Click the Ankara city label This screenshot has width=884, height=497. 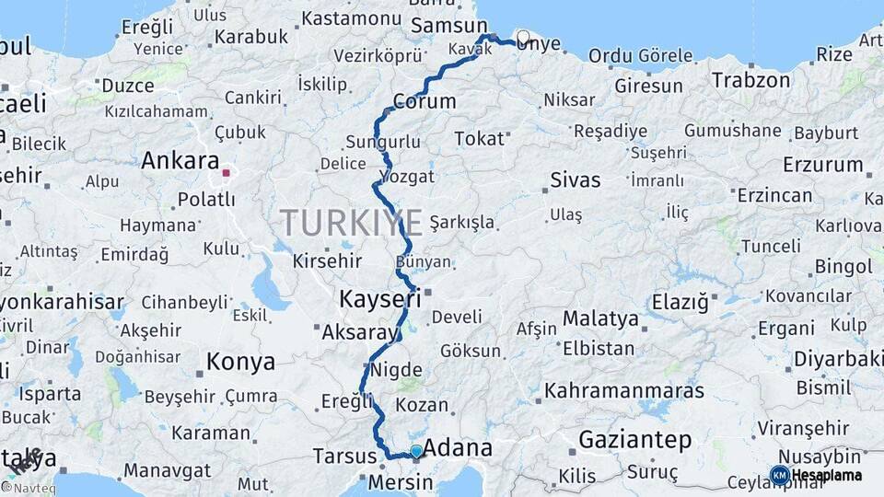[x=180, y=161]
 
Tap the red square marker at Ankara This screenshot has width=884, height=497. [x=226, y=172]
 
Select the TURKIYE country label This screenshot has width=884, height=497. [x=352, y=223]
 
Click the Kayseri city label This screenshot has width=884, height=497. [x=379, y=298]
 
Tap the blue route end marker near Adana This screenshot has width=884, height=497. [x=416, y=451]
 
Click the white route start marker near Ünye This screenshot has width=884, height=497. [x=523, y=38]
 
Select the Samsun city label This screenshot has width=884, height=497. [x=449, y=25]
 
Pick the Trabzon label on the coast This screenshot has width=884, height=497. [x=750, y=80]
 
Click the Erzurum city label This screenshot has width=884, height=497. [x=822, y=166]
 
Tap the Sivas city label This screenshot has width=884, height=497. [x=576, y=179]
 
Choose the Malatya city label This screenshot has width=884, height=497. [x=600, y=319]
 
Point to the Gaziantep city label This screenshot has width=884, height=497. [x=634, y=440]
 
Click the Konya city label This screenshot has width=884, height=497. [x=240, y=362]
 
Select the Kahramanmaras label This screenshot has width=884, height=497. [x=623, y=390]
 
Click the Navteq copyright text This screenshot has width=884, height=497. [x=29, y=488]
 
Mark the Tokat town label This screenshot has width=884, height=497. [x=480, y=138]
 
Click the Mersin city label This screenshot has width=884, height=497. [x=400, y=482]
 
